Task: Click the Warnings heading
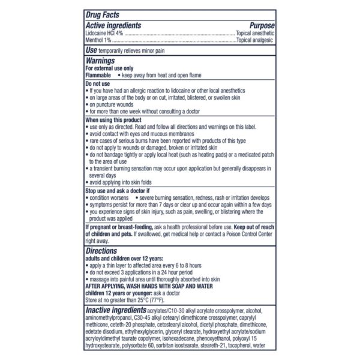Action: tap(101, 61)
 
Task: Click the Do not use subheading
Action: tap(98, 84)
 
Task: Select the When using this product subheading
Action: tap(115, 120)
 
